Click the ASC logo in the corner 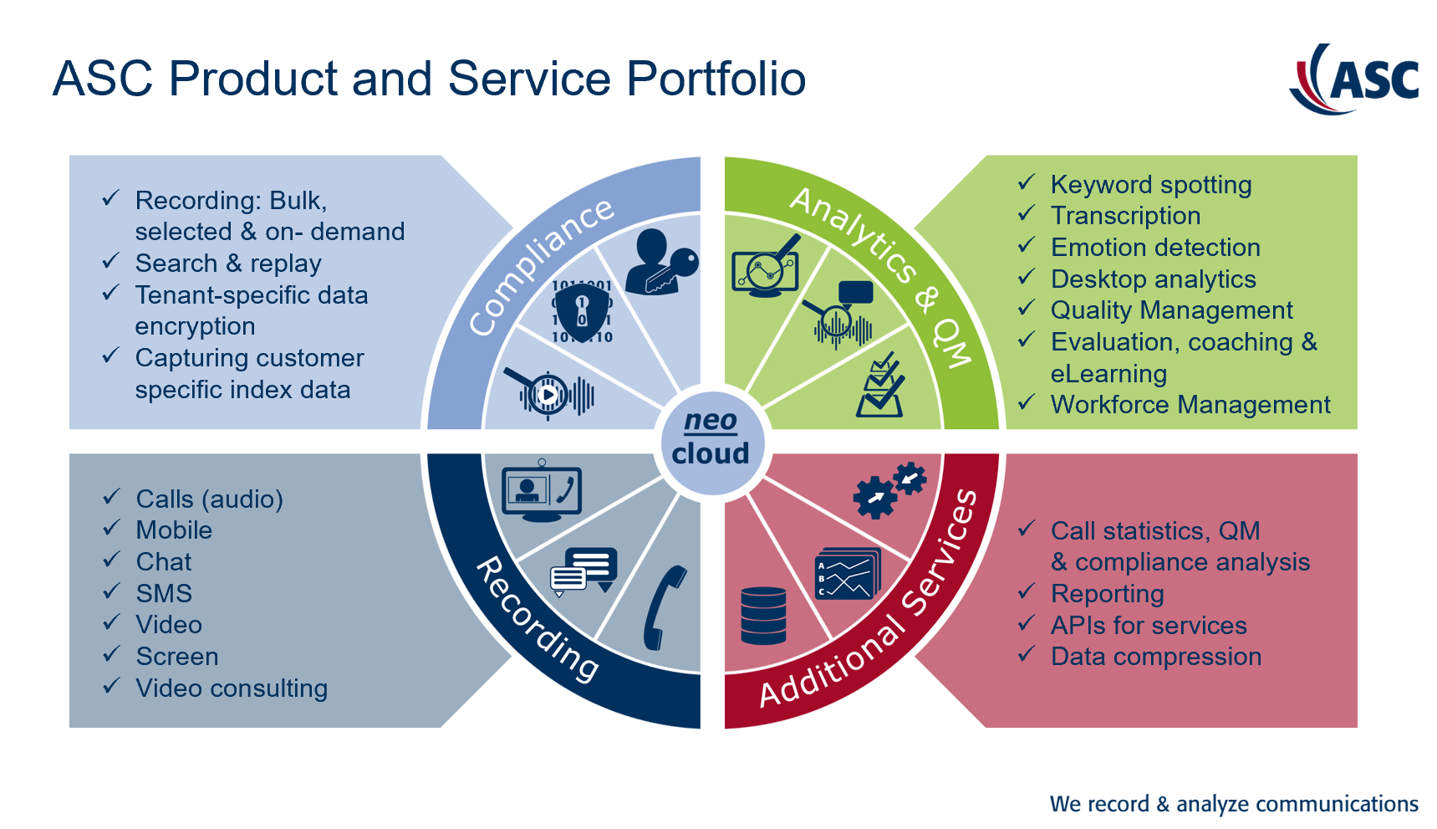(x=1354, y=79)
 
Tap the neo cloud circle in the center (x=711, y=442)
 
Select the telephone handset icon (x=665, y=608)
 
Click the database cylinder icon (x=763, y=616)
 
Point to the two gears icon (x=889, y=489)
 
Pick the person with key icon (x=661, y=261)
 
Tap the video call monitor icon (x=542, y=491)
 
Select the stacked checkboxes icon (x=880, y=385)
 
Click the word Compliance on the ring (x=541, y=267)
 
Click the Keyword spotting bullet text (x=1151, y=185)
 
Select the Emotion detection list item (x=1155, y=248)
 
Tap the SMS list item (x=164, y=594)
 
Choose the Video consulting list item (x=232, y=688)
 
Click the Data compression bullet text (x=1156, y=657)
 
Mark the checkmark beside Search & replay (x=111, y=262)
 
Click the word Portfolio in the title (x=716, y=79)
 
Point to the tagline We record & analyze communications (x=1234, y=804)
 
